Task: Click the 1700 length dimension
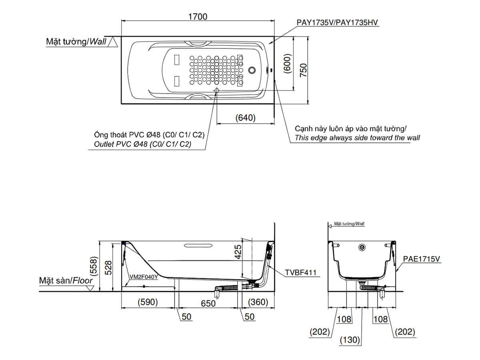[x=198, y=16]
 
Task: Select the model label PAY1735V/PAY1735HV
[x=337, y=23]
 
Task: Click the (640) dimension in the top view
[x=245, y=118]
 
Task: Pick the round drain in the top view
[x=252, y=70]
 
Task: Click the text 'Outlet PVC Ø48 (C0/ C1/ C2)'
[x=142, y=144]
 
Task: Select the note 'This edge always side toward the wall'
[x=357, y=138]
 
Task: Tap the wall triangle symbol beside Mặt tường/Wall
[x=114, y=42]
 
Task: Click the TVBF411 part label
[x=300, y=273]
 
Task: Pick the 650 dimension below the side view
[x=208, y=303]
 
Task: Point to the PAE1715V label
[x=421, y=259]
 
